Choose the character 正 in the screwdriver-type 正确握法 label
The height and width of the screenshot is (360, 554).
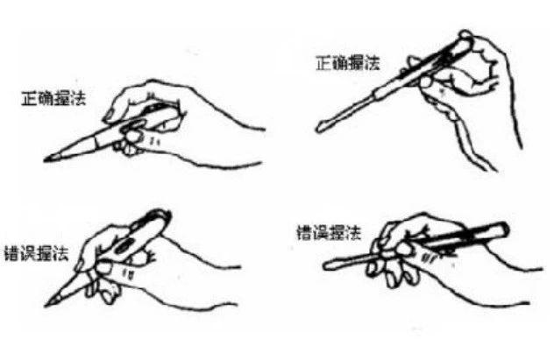tap(321, 62)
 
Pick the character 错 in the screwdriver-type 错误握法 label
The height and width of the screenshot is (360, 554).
tap(303, 234)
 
